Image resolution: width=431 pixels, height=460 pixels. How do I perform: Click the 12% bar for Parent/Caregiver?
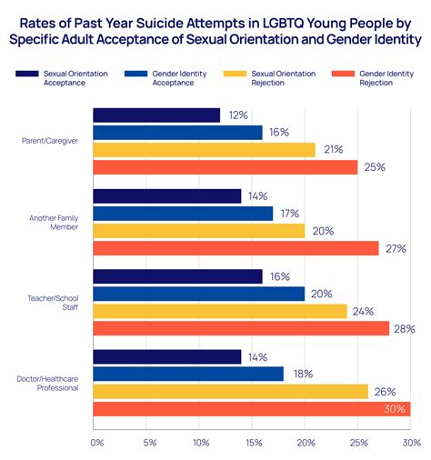(x=156, y=115)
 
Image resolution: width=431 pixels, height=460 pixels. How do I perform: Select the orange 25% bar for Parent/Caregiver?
(x=225, y=167)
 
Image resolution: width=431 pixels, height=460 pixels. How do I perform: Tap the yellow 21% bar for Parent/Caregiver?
(x=204, y=150)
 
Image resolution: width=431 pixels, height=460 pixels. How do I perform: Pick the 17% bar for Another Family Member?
(x=183, y=214)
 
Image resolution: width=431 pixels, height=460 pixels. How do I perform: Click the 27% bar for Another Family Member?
(x=236, y=248)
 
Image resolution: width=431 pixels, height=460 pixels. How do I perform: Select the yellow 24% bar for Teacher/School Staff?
(x=219, y=311)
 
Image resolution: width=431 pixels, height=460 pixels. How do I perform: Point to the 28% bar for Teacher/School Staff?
(x=241, y=328)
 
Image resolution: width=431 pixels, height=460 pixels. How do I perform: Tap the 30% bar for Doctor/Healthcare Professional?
(x=251, y=409)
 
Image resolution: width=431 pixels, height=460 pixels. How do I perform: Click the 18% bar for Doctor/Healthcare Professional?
(x=188, y=375)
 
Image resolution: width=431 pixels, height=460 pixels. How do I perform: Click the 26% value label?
(x=384, y=392)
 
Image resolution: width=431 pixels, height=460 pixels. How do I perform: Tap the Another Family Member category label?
(x=55, y=222)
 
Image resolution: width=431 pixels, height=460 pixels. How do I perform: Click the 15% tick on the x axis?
(x=255, y=443)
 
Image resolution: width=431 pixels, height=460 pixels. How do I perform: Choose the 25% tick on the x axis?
(x=359, y=443)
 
